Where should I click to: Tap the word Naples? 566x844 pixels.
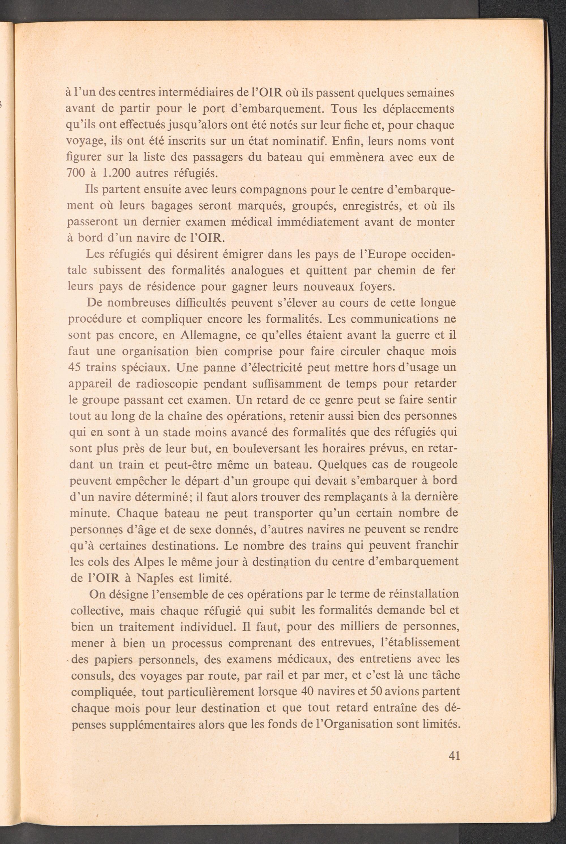point(156,578)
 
